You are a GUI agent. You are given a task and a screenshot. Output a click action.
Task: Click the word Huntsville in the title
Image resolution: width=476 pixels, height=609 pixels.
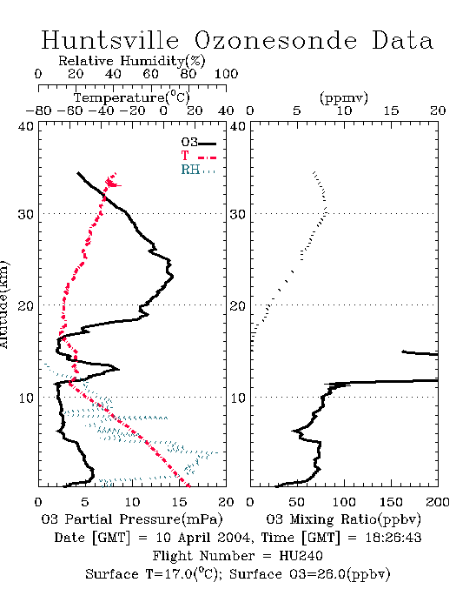(x=110, y=40)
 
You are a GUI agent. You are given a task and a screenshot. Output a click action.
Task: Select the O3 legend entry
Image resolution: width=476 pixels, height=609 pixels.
(x=198, y=143)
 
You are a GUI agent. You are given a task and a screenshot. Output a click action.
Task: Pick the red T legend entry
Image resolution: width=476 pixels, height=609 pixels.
(x=198, y=157)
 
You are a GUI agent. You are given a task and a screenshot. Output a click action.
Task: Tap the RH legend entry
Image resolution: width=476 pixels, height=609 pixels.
(x=198, y=170)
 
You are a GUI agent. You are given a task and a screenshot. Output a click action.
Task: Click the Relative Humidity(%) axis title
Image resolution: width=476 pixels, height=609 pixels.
(x=131, y=61)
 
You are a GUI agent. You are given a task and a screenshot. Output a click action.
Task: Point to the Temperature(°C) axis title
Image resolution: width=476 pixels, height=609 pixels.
(x=131, y=97)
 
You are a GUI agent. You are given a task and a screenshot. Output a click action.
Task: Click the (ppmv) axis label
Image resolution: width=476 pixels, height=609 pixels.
(x=344, y=97)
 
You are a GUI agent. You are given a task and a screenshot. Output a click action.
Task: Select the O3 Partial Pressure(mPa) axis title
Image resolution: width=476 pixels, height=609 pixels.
(x=132, y=519)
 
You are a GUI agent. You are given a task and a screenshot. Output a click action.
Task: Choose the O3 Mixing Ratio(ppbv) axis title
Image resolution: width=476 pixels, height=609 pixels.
(x=343, y=519)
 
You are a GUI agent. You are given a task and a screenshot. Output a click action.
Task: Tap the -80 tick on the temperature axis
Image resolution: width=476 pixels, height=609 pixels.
(x=38, y=111)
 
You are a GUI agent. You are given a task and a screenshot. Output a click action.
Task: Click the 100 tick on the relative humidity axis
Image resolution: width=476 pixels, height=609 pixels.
(x=226, y=74)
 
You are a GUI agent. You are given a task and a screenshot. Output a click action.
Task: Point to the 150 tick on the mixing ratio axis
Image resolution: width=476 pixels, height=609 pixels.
(x=391, y=502)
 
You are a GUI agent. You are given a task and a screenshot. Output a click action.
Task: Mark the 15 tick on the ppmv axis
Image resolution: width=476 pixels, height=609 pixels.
(x=391, y=111)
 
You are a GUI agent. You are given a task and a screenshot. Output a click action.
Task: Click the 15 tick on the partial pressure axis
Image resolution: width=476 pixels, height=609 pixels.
(x=179, y=502)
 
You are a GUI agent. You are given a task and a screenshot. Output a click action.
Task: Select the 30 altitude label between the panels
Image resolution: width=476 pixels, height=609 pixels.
(x=238, y=214)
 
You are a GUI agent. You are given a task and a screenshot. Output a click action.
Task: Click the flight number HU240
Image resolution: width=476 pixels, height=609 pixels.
(x=301, y=556)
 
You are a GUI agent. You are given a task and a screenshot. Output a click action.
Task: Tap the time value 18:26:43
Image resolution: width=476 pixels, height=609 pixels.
(x=393, y=538)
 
